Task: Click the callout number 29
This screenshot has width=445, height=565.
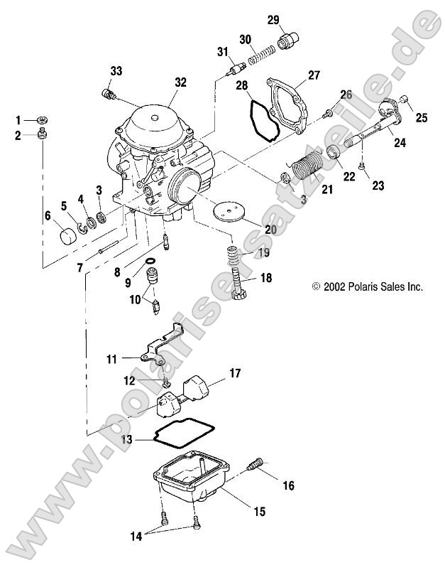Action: click(273, 20)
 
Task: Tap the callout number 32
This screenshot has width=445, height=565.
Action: click(180, 82)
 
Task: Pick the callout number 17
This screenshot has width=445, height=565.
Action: click(234, 372)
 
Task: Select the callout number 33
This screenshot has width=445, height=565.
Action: click(116, 70)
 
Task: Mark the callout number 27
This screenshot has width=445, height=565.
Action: click(314, 75)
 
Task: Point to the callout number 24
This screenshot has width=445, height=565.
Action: click(400, 143)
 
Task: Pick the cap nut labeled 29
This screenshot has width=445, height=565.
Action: click(288, 41)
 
